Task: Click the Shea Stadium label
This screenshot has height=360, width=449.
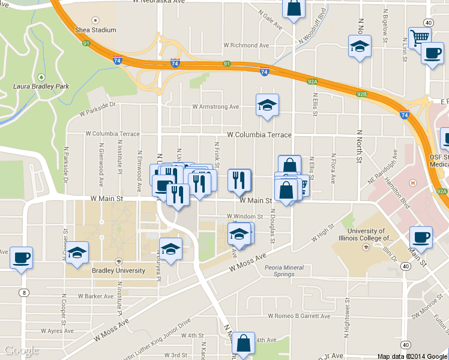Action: pos(95,29)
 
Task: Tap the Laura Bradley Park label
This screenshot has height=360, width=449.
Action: pos(41,86)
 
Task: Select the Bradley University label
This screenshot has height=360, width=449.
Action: pos(118,271)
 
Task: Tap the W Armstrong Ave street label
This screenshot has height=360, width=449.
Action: pos(215,107)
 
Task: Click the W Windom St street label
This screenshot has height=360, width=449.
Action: pos(244,217)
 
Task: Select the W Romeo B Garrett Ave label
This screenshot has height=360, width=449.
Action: pos(299,316)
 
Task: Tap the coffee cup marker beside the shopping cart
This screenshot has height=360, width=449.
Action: pos(431,54)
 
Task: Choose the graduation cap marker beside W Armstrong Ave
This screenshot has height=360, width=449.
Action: pos(267,106)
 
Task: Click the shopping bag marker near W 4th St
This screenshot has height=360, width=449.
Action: pos(244,344)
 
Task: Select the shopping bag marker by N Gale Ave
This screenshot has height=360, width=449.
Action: pos(293,9)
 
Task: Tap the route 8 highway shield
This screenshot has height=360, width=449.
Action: pos(24,293)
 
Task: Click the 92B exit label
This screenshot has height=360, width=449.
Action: pos(361,94)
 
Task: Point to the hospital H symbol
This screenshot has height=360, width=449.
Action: pos(412,183)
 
